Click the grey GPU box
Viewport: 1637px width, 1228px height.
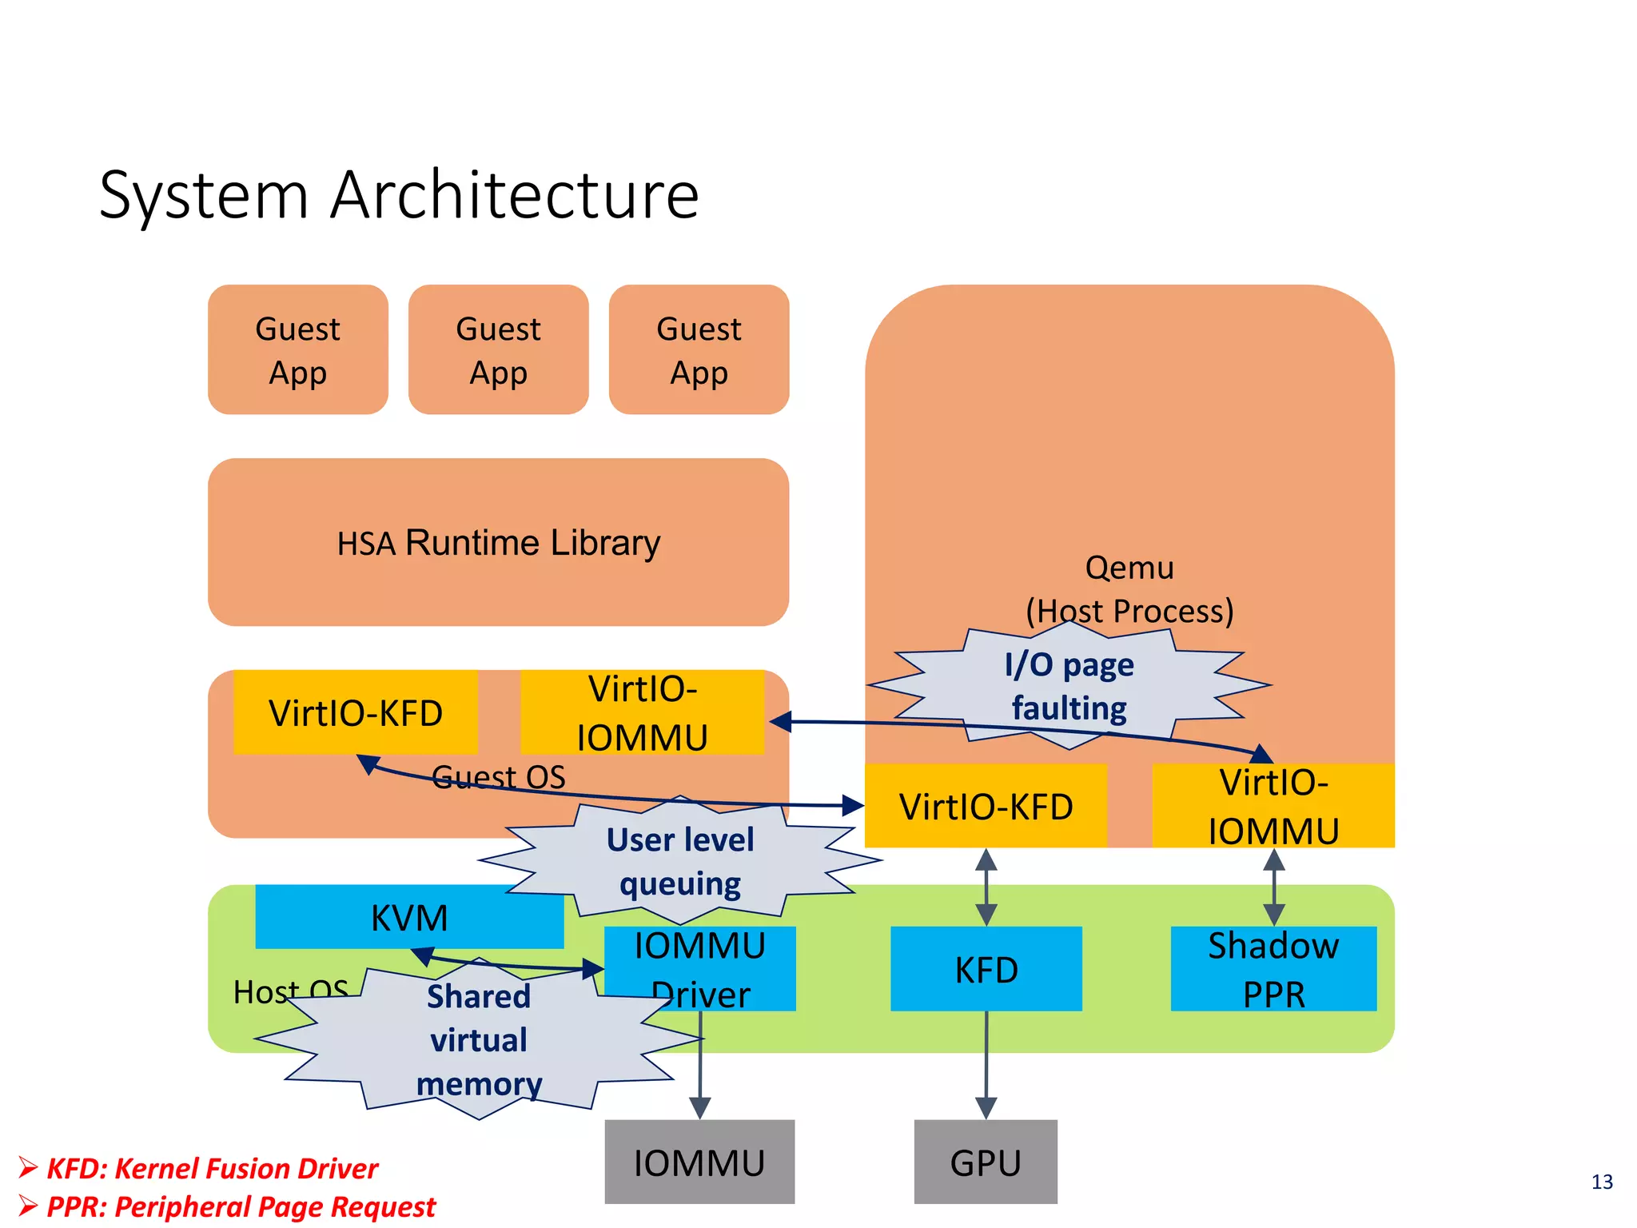(x=985, y=1161)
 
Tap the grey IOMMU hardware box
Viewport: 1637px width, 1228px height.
(x=699, y=1161)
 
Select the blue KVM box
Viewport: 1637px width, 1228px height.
(x=409, y=917)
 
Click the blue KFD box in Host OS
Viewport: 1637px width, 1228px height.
(x=986, y=969)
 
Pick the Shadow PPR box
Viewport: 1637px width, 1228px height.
(x=1273, y=969)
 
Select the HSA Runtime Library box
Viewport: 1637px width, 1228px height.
(x=498, y=542)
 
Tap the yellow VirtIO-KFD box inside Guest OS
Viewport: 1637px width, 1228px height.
(x=355, y=712)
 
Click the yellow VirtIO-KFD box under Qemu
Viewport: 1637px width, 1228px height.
(x=985, y=806)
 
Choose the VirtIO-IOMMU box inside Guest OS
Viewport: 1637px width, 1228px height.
(x=642, y=712)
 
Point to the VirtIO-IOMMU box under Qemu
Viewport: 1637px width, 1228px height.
(x=1273, y=806)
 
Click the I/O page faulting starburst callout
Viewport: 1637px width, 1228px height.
(x=1069, y=686)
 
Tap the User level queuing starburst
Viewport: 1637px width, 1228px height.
(x=680, y=862)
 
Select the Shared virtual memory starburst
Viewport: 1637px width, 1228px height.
(x=478, y=1039)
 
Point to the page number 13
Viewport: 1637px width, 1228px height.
(x=1601, y=1182)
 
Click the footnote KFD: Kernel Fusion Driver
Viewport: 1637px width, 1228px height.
(x=211, y=1169)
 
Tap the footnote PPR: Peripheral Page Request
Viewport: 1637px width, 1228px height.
(x=240, y=1206)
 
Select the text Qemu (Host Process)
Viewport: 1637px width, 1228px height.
(x=1129, y=589)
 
